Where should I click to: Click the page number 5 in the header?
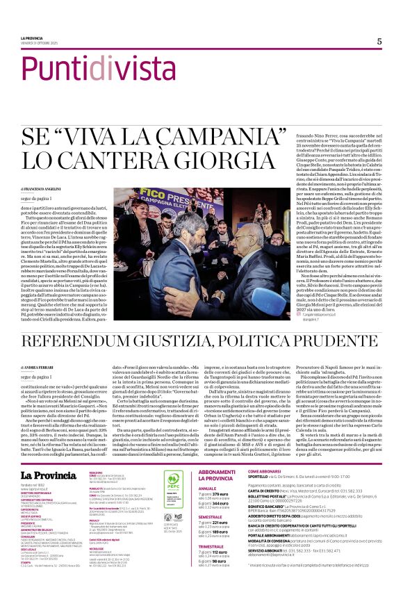(x=379, y=41)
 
